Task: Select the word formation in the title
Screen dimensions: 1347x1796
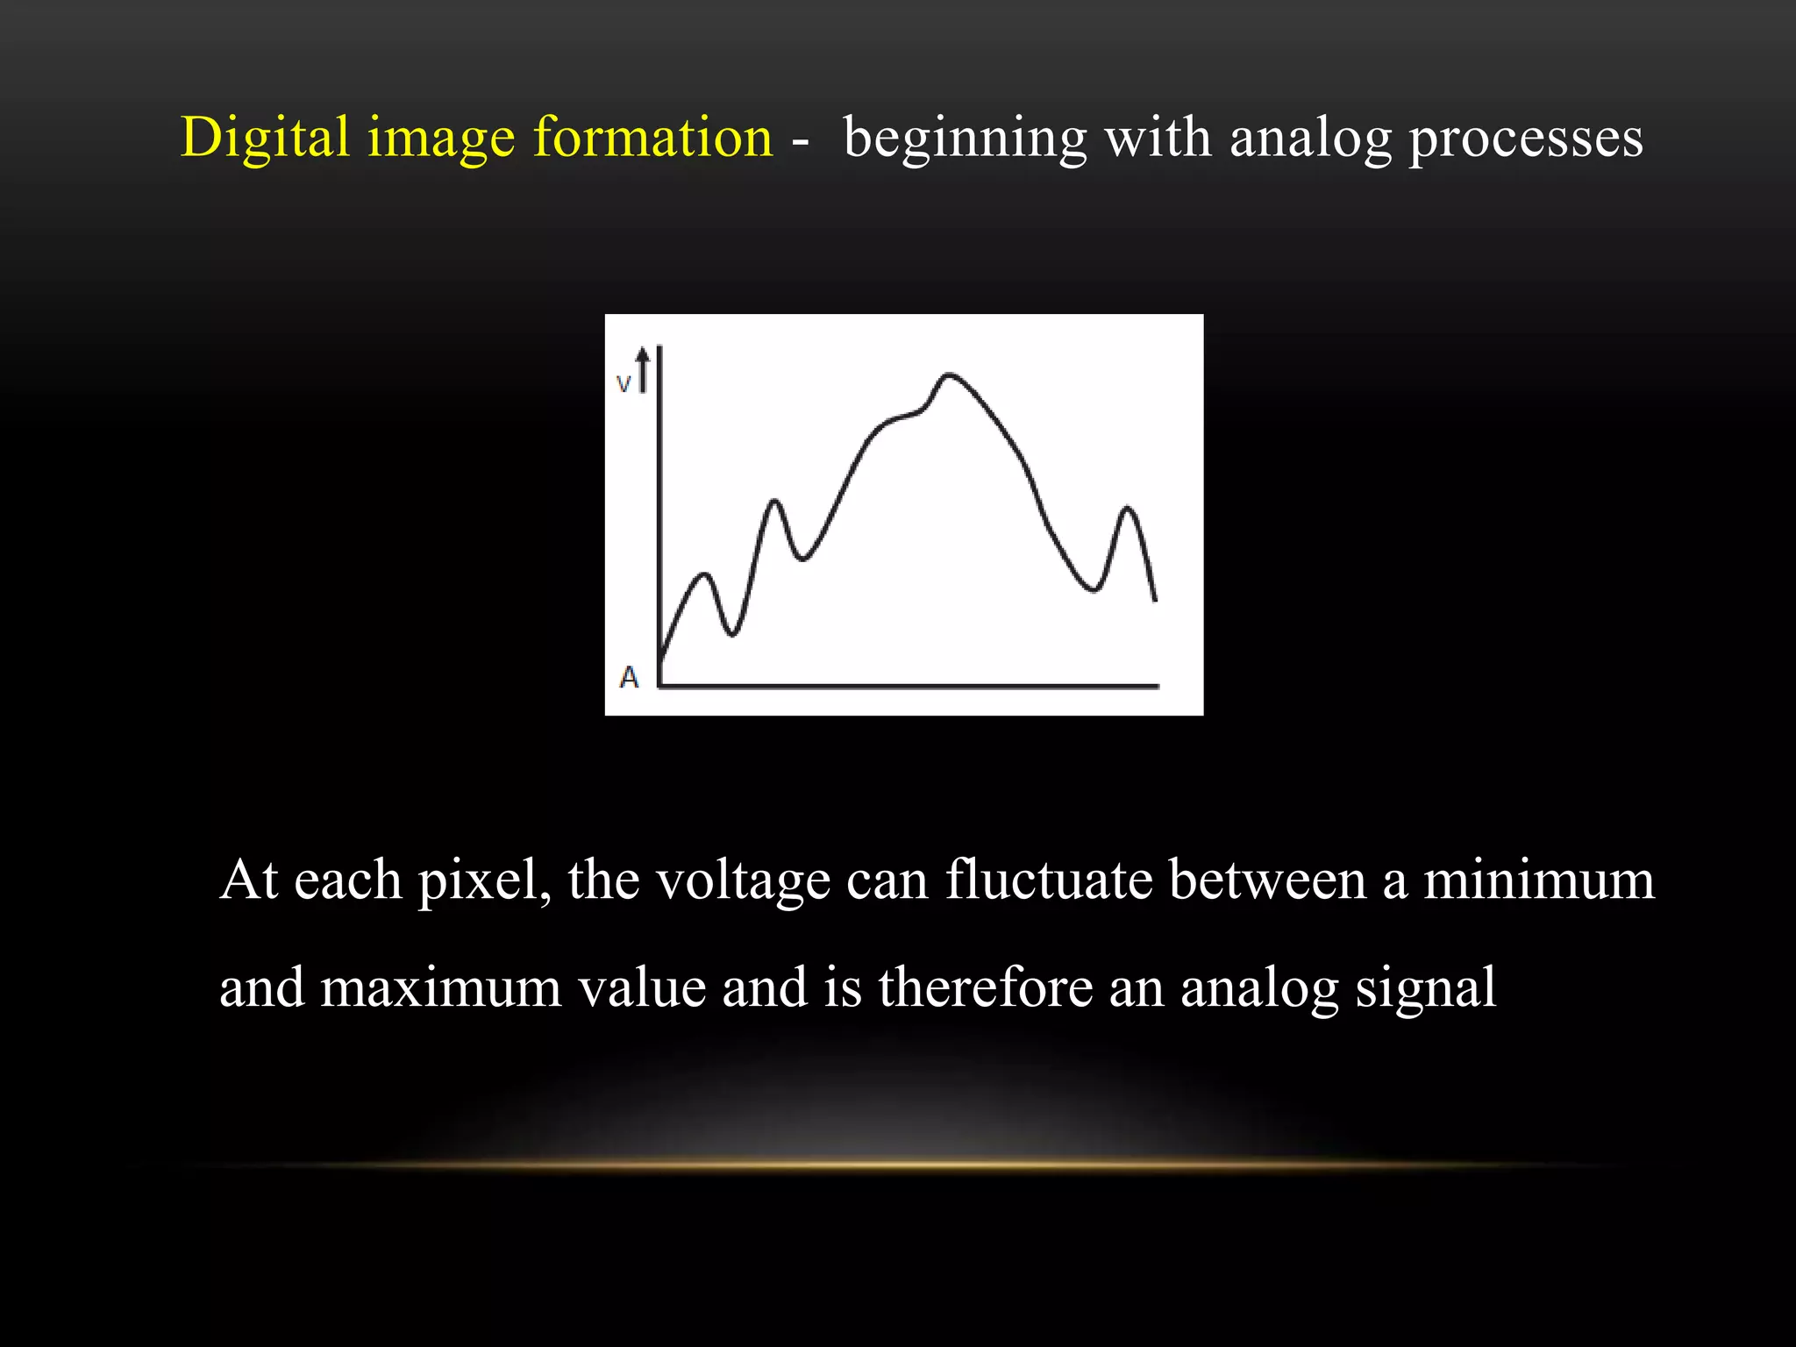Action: coord(652,138)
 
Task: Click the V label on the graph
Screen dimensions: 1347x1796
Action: coord(624,384)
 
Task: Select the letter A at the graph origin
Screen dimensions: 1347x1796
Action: coord(629,677)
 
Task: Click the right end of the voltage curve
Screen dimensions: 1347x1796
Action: coord(1155,600)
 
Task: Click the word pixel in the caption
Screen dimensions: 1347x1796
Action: coord(483,880)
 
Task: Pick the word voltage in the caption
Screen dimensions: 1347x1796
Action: coord(743,880)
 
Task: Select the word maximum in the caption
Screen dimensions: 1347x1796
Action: coord(441,988)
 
